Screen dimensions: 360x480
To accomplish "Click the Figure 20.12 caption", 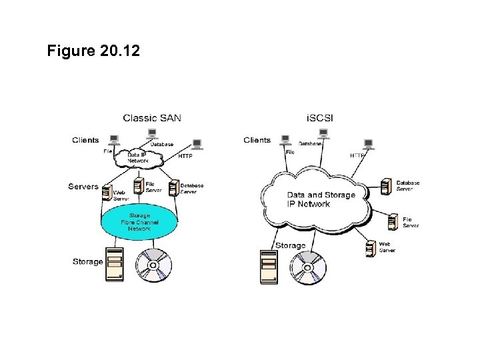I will pos(94,51).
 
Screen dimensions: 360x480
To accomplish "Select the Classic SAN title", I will pos(151,118).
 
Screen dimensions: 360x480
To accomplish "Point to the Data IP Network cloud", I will pos(138,158).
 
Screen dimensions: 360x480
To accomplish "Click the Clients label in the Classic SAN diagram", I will pos(85,140).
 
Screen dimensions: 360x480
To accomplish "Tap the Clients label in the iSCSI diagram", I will pos(257,140).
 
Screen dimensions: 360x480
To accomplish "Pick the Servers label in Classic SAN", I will pos(83,187).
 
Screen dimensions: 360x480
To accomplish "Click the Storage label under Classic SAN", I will pos(87,262).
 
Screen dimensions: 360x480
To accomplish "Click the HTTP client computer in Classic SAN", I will pos(197,144).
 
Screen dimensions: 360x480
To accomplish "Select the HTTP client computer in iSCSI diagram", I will pos(367,144).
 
